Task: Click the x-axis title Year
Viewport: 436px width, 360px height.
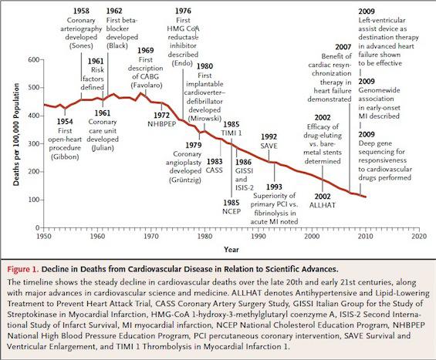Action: click(232, 249)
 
